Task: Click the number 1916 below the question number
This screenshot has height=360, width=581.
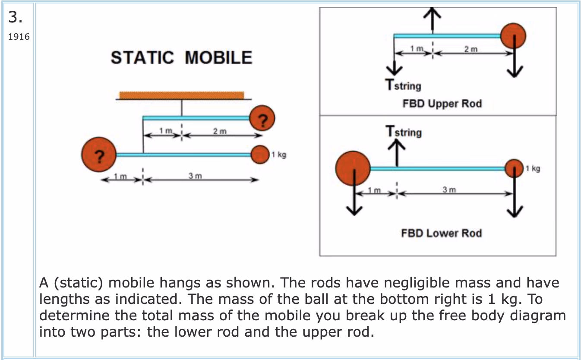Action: (x=18, y=37)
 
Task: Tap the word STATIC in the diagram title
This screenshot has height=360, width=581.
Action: (x=142, y=58)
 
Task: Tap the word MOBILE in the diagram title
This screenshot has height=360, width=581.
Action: (x=219, y=58)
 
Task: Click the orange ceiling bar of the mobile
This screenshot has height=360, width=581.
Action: (x=181, y=95)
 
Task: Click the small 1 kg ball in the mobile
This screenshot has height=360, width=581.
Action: (x=260, y=155)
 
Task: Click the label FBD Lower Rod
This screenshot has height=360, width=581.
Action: (x=441, y=233)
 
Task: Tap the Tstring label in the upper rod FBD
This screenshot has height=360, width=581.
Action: (x=403, y=85)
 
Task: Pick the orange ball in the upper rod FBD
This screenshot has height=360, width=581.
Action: (x=513, y=35)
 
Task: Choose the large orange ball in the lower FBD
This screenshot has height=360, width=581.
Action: (x=353, y=168)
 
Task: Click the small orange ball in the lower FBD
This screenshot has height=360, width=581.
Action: (x=514, y=168)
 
